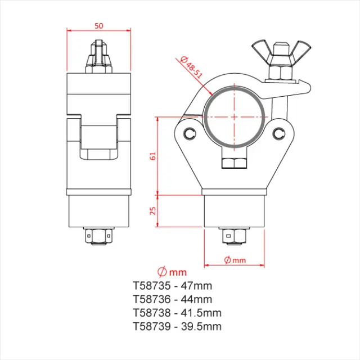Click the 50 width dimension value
pyautogui.click(x=99, y=25)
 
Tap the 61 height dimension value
pyautogui.click(x=152, y=156)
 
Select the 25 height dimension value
pyautogui.click(x=152, y=210)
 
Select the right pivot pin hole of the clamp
pyautogui.click(x=280, y=133)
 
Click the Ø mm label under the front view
pyautogui.click(x=235, y=259)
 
